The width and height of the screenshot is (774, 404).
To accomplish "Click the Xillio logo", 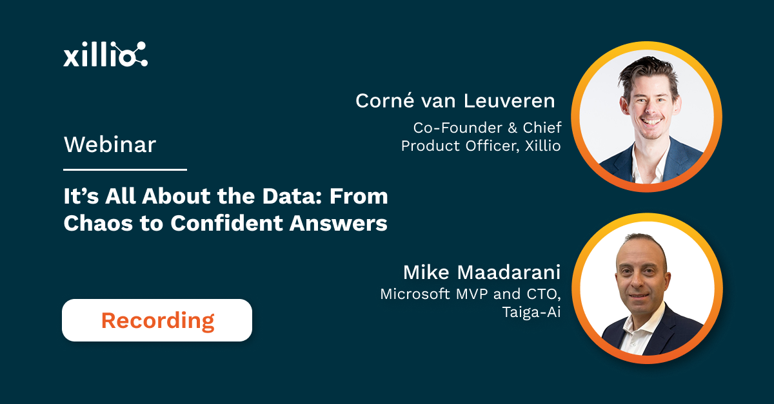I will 105,55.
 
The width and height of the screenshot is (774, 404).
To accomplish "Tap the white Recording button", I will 157,320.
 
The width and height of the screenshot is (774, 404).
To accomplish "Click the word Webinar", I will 110,144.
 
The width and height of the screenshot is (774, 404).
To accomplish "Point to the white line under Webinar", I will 124,169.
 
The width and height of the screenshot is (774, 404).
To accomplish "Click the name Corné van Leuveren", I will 455,101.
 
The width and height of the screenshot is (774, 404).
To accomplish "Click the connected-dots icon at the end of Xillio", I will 136,54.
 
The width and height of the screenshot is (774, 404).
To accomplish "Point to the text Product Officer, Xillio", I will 481,146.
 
